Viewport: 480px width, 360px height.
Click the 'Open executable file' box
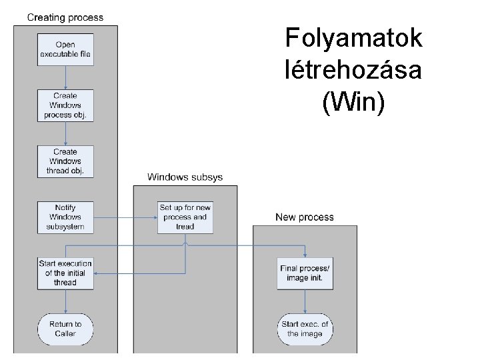pos(65,49)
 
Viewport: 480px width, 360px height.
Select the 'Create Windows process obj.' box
pos(65,105)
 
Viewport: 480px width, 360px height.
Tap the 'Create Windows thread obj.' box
pos(65,161)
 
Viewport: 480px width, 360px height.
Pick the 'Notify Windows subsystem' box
pos(65,217)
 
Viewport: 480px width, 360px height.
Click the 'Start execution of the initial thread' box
pos(65,273)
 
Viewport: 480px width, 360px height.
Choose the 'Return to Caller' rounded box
pos(65,329)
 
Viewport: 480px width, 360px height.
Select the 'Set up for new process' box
pos(185,217)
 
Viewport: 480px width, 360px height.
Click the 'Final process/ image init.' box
pos(305,273)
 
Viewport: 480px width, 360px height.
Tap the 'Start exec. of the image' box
pos(305,329)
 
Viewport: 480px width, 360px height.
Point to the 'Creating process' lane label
pos(65,17)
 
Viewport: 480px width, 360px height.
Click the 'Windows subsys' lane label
pos(185,177)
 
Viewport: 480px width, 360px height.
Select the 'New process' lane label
pos(305,217)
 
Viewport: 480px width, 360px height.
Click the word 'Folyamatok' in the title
pos(353,38)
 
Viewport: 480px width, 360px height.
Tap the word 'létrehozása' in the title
pos(353,70)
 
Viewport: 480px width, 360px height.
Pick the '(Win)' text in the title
pos(353,102)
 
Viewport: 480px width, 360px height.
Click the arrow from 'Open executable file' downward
pos(65,77)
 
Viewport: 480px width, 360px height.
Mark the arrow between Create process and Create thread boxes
pos(65,133)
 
